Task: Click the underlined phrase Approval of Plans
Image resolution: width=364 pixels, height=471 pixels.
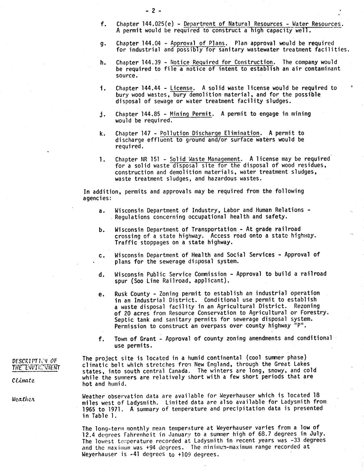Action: point(198,43)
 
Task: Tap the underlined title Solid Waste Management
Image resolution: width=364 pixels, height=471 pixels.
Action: point(205,159)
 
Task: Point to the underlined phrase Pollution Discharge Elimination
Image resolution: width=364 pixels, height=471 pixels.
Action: point(210,133)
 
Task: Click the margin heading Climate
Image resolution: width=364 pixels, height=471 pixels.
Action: point(23,380)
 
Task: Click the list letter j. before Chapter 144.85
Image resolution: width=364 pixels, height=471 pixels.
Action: point(102,114)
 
